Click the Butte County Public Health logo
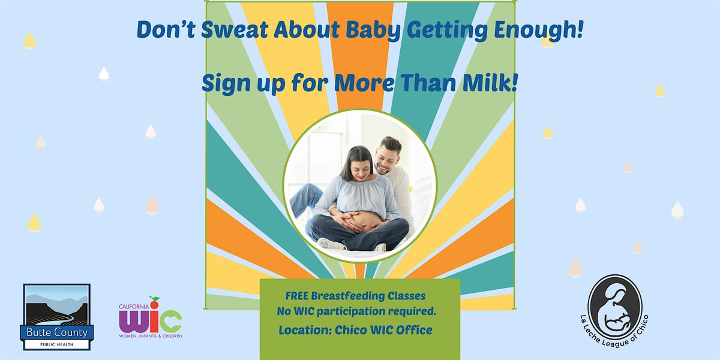pyautogui.click(x=57, y=317)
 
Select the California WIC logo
pyautogui.click(x=151, y=318)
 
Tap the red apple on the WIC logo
pyautogui.click(x=155, y=300)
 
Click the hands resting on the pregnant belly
pyautogui.click(x=359, y=222)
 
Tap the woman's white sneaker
pyautogui.click(x=332, y=244)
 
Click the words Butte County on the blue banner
pyautogui.click(x=57, y=332)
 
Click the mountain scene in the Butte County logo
pyautogui.click(x=57, y=305)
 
